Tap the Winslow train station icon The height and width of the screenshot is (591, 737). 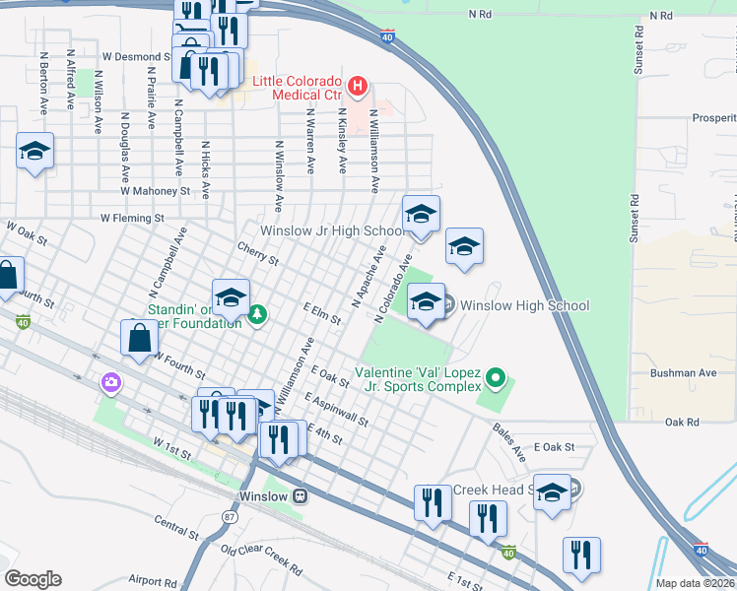point(299,495)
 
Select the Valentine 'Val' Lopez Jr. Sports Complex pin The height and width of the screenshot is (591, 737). point(497,377)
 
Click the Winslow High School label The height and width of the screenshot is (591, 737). point(524,305)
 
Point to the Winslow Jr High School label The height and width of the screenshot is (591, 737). point(330,230)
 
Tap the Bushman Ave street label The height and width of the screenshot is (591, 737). point(683,373)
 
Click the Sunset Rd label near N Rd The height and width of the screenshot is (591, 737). point(639,45)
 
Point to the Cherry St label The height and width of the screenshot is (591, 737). point(259,255)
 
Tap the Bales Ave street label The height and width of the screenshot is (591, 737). point(509,438)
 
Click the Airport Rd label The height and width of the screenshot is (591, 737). point(151,581)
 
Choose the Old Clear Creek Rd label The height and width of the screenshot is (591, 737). point(261,558)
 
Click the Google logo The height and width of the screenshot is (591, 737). point(33,579)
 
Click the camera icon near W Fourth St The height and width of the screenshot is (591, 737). point(110,381)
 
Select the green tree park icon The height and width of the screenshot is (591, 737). point(257,314)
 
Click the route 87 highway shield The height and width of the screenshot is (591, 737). point(231,515)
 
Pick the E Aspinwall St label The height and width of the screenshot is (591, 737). point(337,411)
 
